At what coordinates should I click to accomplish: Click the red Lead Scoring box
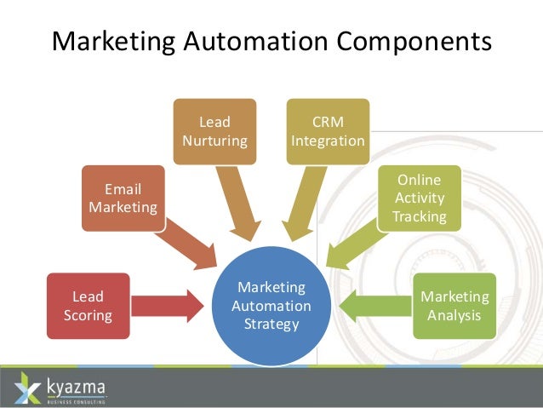coord(88,305)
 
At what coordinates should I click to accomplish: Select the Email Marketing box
coord(123,198)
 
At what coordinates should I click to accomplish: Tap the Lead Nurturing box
coord(214,131)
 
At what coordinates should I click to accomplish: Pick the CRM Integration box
coord(328,130)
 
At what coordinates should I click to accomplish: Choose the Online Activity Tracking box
coord(420,198)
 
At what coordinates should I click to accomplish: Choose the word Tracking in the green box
coord(420,216)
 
